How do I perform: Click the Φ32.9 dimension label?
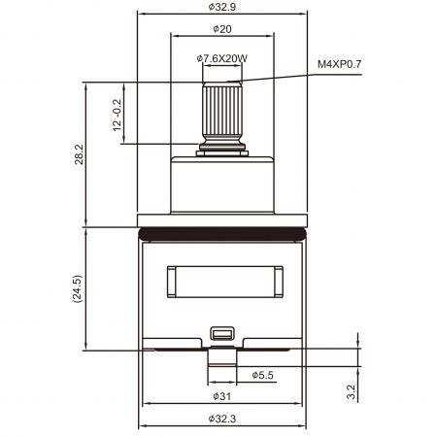(222, 7)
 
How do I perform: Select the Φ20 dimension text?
(222, 29)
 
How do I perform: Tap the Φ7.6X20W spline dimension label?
(222, 58)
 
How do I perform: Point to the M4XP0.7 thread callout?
(339, 64)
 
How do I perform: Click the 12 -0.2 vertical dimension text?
(118, 115)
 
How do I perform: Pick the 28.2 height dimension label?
(79, 154)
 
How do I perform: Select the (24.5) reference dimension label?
(78, 289)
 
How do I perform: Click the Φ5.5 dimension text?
(262, 375)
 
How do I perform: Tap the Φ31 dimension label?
(222, 396)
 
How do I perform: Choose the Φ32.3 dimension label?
(222, 419)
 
